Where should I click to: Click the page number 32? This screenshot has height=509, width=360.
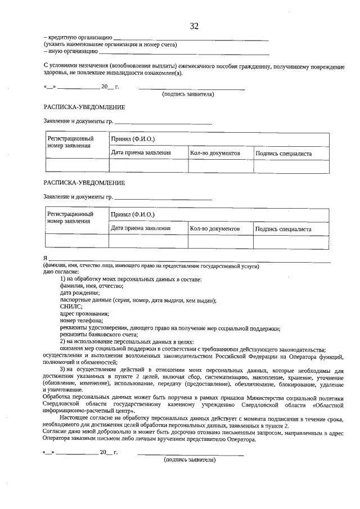195,26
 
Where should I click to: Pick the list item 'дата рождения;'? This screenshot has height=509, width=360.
79,293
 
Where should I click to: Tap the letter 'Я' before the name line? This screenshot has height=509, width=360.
46,258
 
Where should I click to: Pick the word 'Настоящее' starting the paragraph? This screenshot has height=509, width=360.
75,419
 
